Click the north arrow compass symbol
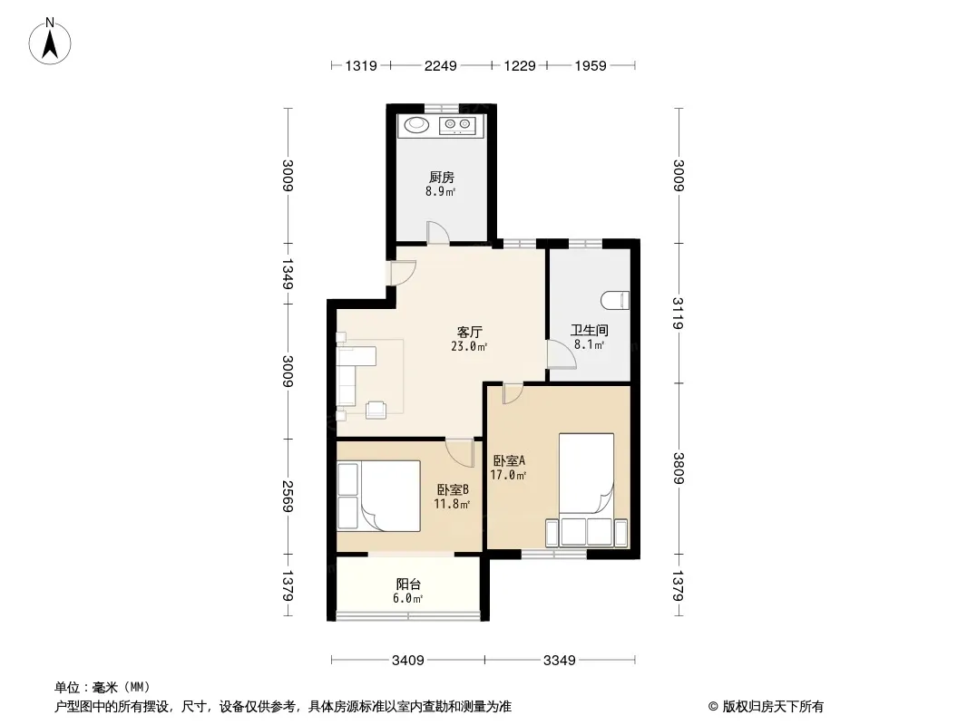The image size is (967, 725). point(50,42)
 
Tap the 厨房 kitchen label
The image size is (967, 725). point(442,178)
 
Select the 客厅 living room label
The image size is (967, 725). point(469,333)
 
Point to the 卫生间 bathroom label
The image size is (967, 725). point(589,331)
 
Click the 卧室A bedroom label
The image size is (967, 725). point(509,460)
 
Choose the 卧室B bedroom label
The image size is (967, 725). point(453,489)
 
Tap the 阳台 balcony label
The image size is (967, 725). point(408,584)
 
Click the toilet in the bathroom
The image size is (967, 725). point(615,300)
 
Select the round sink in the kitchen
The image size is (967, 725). point(416,125)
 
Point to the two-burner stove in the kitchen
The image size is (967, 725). point(457,126)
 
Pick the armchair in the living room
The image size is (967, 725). point(376,410)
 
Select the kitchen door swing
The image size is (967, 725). point(437,232)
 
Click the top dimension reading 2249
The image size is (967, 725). point(440,65)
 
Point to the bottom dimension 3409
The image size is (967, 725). point(407,661)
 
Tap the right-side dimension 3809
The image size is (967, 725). point(679,469)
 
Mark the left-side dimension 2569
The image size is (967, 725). point(288,497)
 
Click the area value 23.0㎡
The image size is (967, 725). point(469,347)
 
